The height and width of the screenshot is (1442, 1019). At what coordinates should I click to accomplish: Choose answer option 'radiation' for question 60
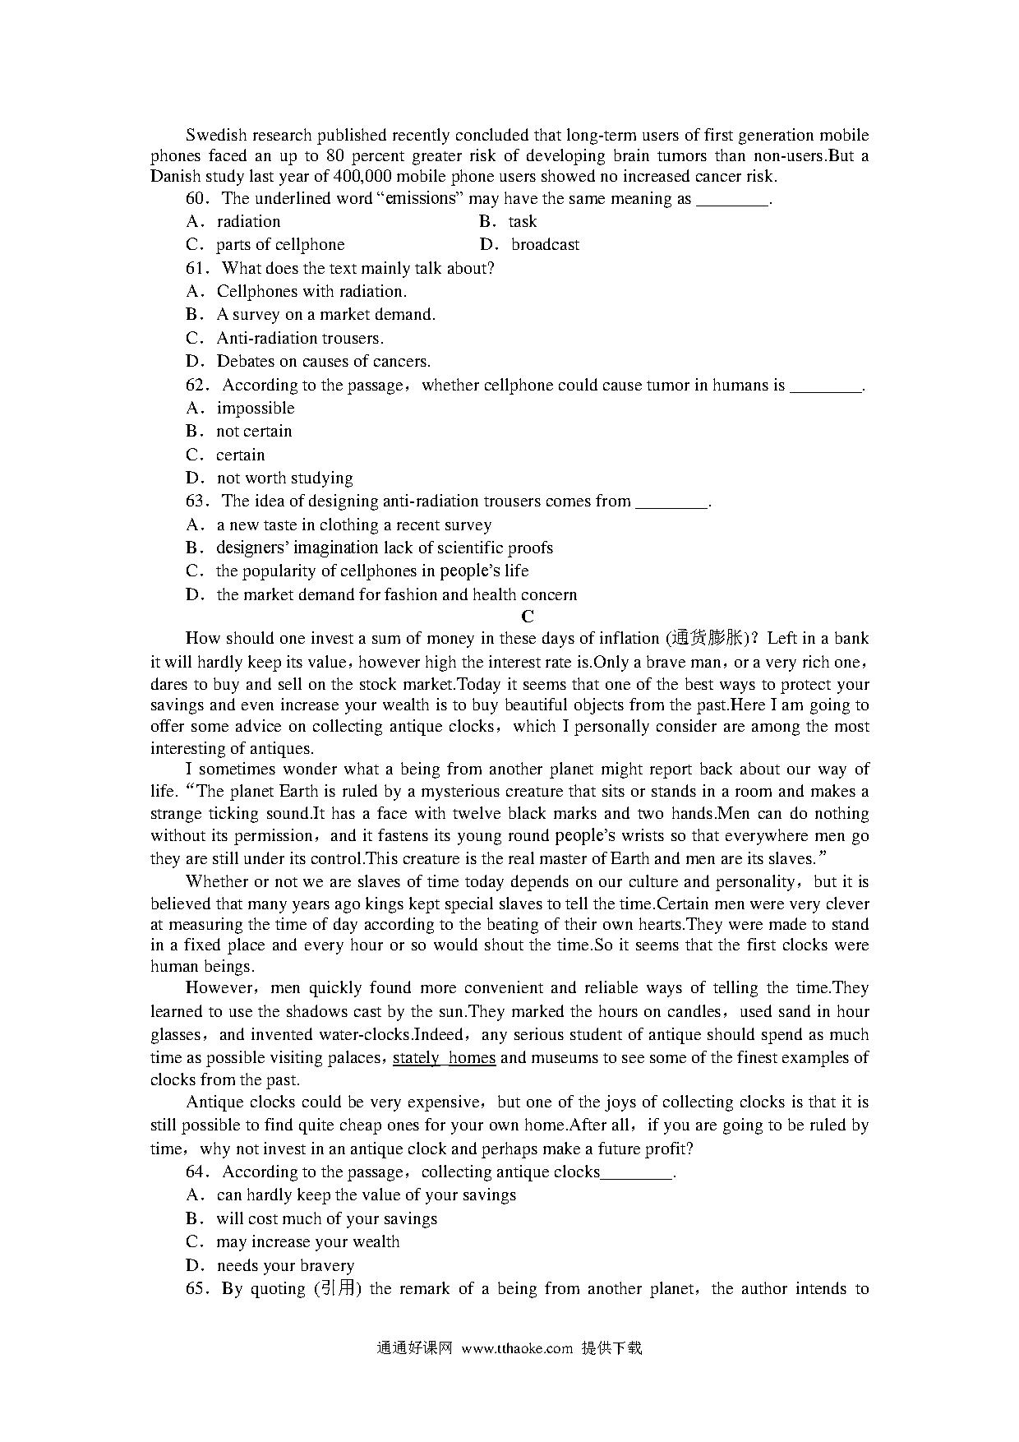click(x=248, y=221)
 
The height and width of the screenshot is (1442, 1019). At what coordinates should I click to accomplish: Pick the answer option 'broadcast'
click(x=545, y=244)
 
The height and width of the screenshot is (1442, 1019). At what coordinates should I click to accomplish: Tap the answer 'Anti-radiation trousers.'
click(x=300, y=338)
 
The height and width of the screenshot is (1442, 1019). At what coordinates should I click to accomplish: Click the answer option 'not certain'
click(x=254, y=431)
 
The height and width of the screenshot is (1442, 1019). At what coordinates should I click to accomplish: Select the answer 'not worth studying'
click(x=284, y=478)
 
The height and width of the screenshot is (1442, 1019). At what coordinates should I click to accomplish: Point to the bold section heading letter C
click(x=528, y=617)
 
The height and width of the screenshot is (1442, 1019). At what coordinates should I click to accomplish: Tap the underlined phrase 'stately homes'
click(x=444, y=1058)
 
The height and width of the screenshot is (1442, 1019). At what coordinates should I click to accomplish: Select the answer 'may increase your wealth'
click(x=308, y=1241)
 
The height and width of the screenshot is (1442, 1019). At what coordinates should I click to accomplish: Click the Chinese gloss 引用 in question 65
click(x=338, y=1288)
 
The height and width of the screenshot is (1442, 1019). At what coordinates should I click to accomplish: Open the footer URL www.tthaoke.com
click(x=517, y=1347)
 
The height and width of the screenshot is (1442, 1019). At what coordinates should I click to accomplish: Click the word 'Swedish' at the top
click(x=214, y=135)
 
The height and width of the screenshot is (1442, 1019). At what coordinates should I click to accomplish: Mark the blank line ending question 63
click(x=672, y=502)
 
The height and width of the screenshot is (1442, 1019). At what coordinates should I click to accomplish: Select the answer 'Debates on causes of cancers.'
click(x=324, y=361)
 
